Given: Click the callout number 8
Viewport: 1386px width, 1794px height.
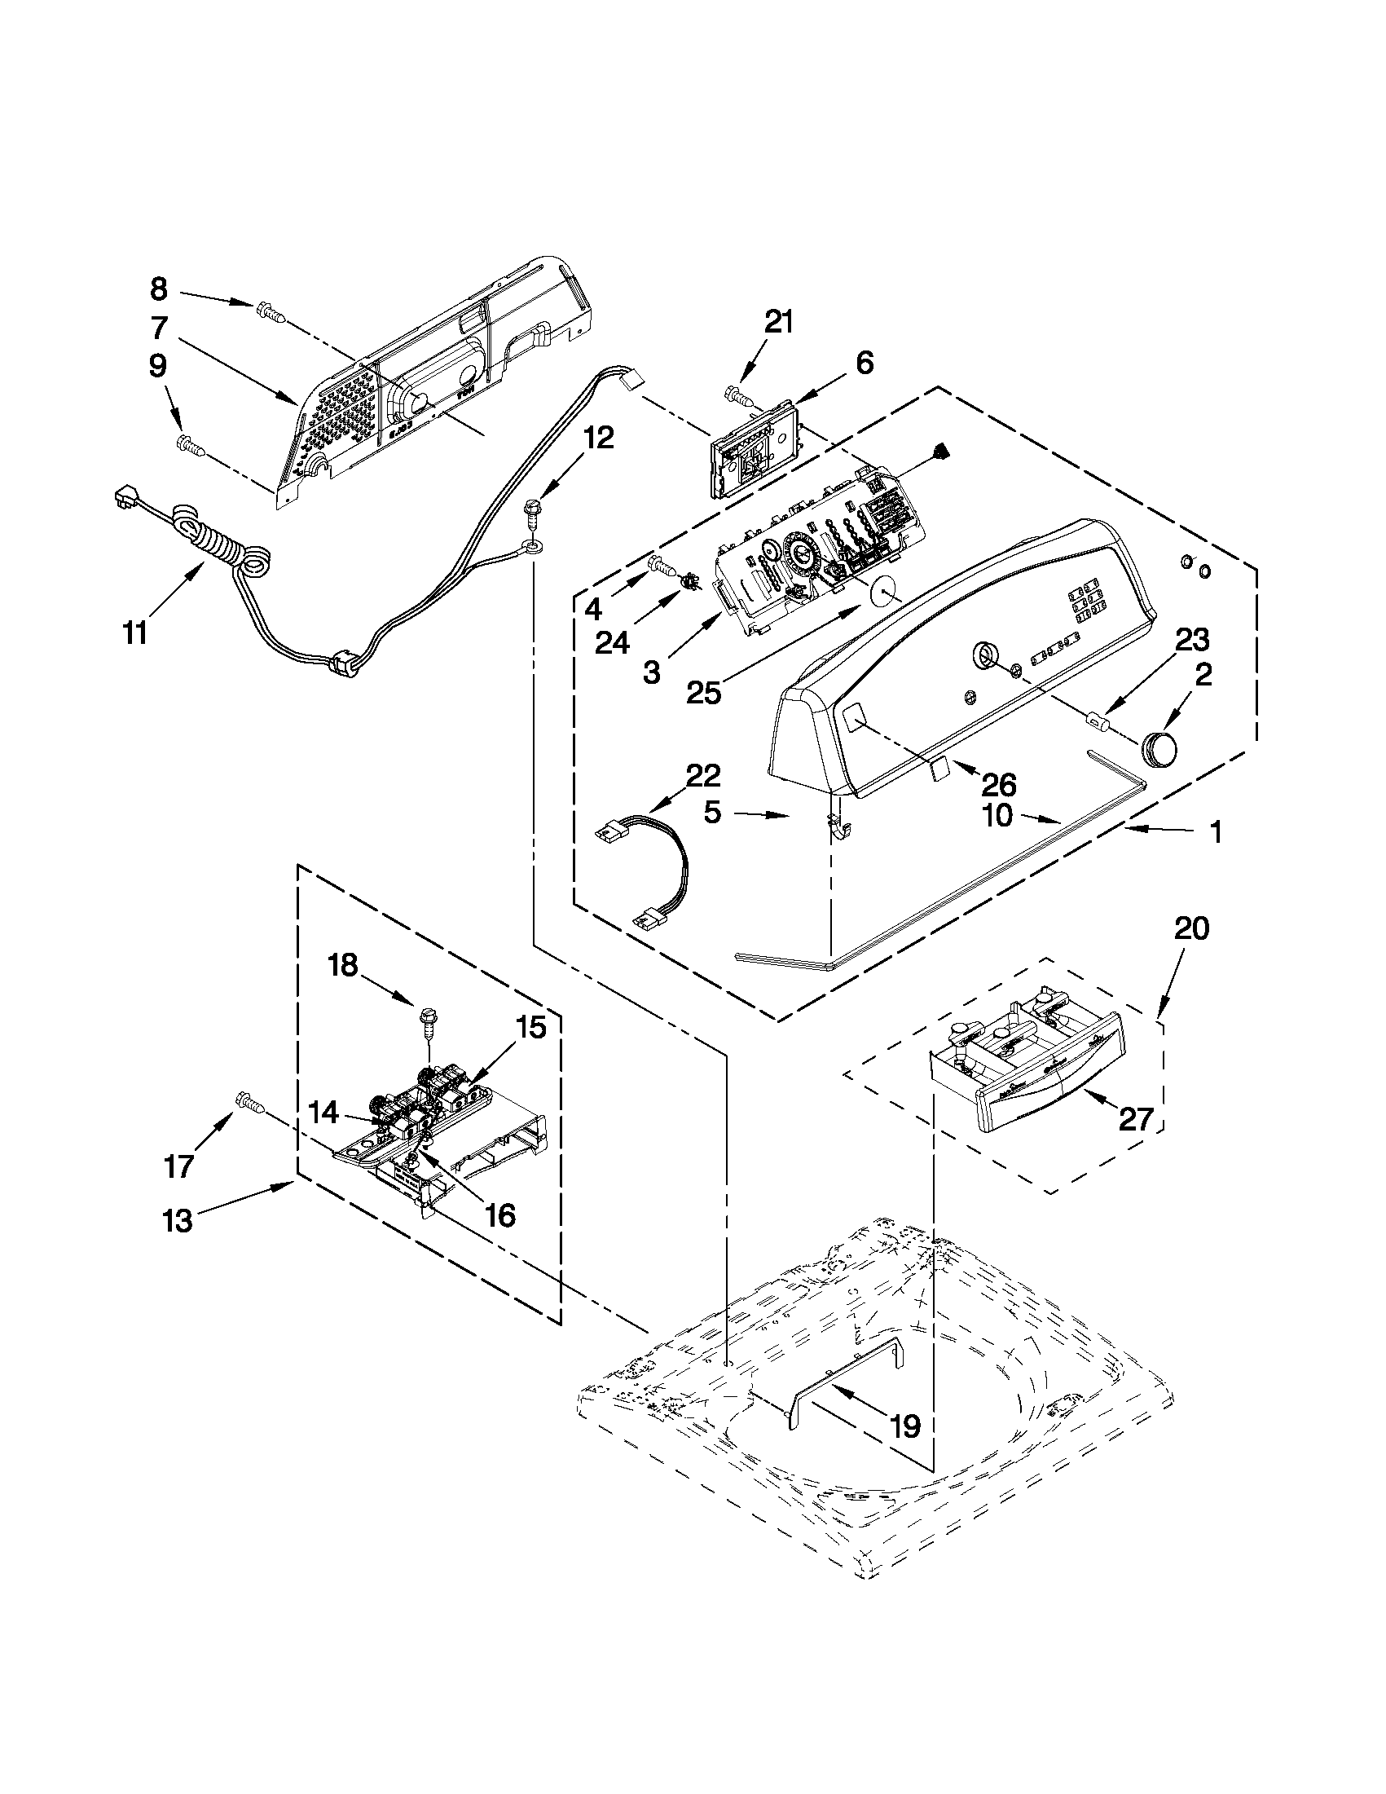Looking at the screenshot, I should click(158, 289).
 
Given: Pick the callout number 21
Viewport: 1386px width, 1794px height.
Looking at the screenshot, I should click(778, 322).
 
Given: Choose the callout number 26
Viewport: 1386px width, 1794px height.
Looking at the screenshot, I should click(999, 785).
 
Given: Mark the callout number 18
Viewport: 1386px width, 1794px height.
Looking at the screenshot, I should click(344, 964).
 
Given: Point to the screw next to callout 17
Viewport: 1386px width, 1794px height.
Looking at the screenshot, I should click(249, 1102).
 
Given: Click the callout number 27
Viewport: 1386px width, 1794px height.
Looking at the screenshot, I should click(1137, 1119).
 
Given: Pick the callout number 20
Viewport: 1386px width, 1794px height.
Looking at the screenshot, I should click(1190, 929).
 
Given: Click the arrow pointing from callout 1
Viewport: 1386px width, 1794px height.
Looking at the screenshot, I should click(1158, 831).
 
